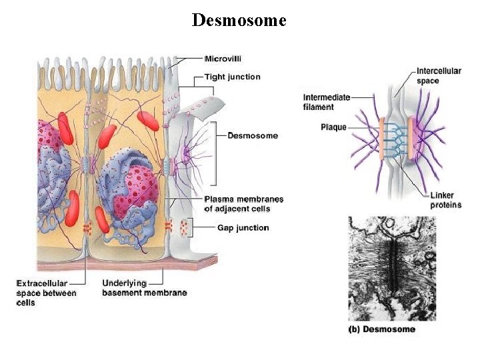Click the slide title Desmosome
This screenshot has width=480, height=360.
[x=239, y=21]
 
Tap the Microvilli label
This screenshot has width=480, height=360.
[x=223, y=59]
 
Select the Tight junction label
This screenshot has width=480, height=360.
[x=232, y=77]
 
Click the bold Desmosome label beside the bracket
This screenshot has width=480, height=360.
[x=253, y=136]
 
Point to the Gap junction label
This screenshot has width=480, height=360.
[x=243, y=228]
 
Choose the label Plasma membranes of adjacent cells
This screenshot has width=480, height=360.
[x=243, y=204]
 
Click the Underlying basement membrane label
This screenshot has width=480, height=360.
[x=144, y=288]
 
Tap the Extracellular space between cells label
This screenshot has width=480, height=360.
[x=46, y=293]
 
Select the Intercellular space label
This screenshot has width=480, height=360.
[x=438, y=76]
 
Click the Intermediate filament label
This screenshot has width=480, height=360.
[x=326, y=102]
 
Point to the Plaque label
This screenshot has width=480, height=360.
[x=333, y=127]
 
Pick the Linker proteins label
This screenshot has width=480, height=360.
[x=445, y=200]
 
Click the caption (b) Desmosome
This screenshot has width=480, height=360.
[x=382, y=329]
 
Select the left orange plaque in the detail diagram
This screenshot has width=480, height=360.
[x=382, y=139]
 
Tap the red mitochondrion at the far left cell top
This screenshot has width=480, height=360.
[x=65, y=127]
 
